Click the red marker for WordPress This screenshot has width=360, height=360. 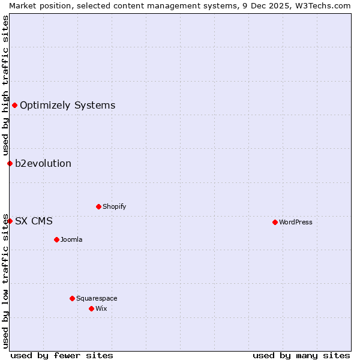[275, 222]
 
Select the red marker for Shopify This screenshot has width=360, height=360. [98, 206]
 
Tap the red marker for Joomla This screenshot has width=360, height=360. [56, 239]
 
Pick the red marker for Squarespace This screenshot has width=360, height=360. [72, 298]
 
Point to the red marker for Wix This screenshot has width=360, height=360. [91, 308]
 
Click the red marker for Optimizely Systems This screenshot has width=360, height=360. [14, 106]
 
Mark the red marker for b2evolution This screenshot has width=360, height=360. [10, 163]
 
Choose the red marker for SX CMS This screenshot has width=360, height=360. [10, 221]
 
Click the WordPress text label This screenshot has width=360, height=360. [295, 222]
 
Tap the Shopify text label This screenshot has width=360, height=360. [114, 206]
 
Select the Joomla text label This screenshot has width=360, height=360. [71, 239]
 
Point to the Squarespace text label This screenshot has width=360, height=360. [97, 298]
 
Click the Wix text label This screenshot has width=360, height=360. [101, 308]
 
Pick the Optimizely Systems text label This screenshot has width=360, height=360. [67, 106]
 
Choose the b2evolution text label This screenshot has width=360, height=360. [43, 163]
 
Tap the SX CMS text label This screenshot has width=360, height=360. [34, 221]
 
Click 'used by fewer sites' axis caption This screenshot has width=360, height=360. [62, 355]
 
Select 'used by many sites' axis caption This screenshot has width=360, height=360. [301, 355]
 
